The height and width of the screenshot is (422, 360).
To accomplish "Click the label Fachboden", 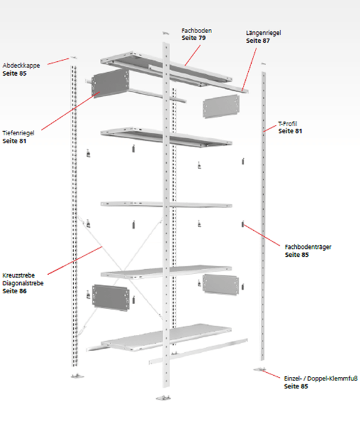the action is coord(197,31).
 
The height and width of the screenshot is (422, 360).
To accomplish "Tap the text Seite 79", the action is coord(194,38).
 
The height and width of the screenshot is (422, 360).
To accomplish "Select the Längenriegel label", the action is coord(263,33).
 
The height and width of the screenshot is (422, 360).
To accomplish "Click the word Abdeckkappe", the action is coord(21,66).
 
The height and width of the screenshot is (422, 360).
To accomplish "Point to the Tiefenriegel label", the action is coord(19,133).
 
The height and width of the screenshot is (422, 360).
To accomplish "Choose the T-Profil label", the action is coord(287,123).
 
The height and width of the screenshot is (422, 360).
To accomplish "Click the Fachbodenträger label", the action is coord(308,247).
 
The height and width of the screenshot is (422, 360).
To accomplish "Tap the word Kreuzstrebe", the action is coord(19,275).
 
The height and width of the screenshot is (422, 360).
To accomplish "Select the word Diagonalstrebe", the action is coord(23,283).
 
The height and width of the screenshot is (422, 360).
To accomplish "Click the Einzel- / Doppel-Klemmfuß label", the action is coord(321,378).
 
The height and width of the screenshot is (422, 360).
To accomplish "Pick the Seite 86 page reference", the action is coord(14,291).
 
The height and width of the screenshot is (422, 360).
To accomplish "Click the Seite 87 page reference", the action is coord(258,41).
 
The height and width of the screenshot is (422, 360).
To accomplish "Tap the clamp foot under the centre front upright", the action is coord(163,397).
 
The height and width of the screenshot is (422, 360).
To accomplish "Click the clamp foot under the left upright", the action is coord(77,376).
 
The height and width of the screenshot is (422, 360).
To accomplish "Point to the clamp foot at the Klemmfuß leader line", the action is coord(260,370).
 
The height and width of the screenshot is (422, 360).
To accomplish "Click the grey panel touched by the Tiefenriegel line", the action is coord(111,84).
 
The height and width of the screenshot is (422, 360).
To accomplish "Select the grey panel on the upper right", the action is coord(221,106).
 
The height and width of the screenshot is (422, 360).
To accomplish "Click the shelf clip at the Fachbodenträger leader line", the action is coord(243,224).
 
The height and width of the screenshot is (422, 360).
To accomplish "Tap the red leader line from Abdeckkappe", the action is coord(58,61).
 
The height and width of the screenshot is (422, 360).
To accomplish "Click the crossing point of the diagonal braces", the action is coord(123,271).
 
